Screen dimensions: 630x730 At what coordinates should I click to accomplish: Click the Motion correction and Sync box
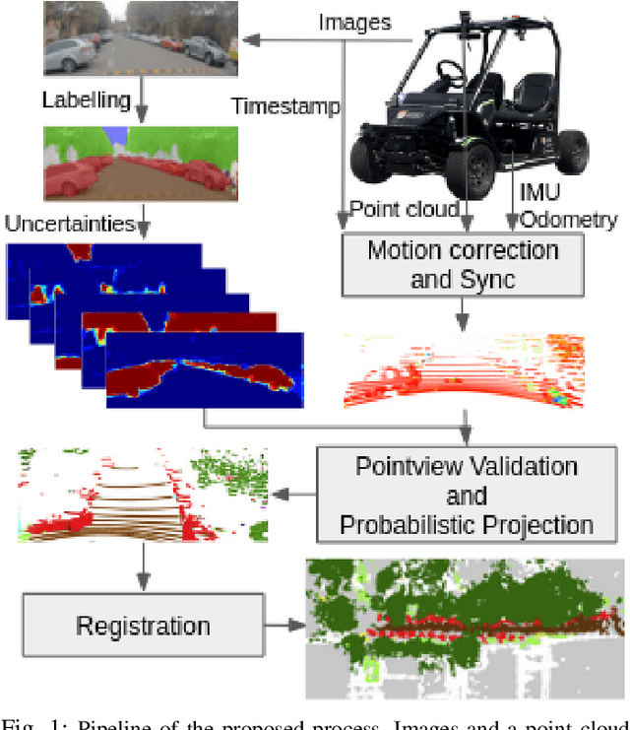[463, 263]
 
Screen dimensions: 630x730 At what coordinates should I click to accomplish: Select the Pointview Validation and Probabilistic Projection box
[467, 495]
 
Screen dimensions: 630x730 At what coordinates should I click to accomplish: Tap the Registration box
[143, 625]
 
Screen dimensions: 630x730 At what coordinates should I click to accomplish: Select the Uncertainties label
[69, 226]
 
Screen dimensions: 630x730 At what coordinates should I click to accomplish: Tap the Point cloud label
[404, 209]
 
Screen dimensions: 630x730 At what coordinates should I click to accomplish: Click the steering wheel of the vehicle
[452, 72]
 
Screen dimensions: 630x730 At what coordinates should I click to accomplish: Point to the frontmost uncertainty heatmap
[205, 369]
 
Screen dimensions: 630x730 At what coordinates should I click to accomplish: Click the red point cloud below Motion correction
[463, 371]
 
